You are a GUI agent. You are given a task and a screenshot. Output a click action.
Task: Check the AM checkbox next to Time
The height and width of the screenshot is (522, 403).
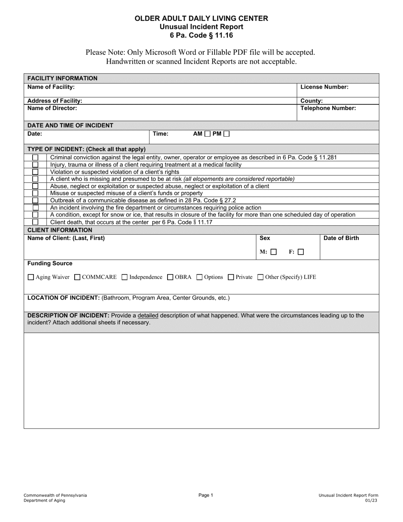(207, 134)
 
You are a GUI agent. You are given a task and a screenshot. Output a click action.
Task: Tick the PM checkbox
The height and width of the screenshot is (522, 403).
(227, 134)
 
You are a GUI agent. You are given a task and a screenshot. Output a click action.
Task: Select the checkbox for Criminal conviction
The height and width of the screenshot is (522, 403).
(35, 158)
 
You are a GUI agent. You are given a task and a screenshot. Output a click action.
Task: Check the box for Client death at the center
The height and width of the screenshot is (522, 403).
(35, 222)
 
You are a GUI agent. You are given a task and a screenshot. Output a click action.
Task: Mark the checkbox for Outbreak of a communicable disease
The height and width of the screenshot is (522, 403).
(35, 200)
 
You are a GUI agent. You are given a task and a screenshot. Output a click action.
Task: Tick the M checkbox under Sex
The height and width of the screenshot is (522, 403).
(274, 252)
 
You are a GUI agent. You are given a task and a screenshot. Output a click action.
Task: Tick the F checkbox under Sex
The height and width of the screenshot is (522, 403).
(301, 252)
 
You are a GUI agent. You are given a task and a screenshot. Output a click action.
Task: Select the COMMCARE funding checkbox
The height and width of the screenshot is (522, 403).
(77, 278)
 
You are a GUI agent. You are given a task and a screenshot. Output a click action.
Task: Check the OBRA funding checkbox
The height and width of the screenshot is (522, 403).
(170, 278)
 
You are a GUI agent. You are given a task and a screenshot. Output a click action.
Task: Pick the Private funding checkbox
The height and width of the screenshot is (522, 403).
(231, 278)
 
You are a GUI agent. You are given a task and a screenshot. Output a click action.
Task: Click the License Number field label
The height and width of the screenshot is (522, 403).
(325, 87)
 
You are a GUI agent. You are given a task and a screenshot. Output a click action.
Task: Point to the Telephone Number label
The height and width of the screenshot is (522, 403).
(328, 108)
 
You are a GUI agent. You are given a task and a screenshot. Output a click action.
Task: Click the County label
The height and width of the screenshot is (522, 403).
(311, 101)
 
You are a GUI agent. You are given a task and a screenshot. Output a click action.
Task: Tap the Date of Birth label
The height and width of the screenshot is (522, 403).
(341, 238)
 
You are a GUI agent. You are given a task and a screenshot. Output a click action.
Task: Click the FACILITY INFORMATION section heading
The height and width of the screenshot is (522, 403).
(62, 78)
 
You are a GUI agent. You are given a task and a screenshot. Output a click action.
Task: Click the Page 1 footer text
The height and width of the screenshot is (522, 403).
(206, 495)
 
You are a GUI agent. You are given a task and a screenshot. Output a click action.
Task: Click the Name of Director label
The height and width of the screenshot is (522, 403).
(52, 108)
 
